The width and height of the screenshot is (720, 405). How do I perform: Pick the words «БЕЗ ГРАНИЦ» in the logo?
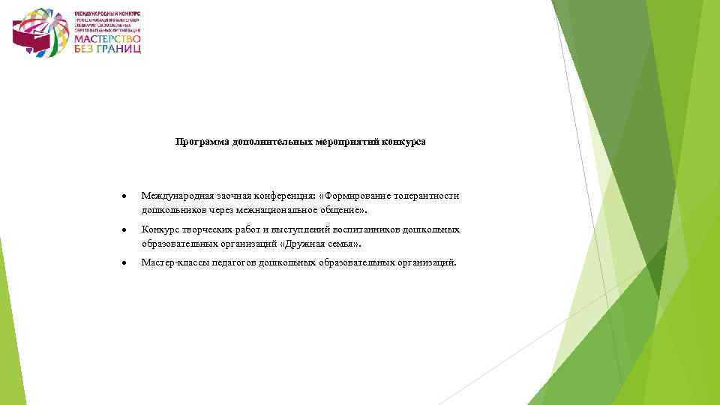coord(107,49)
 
